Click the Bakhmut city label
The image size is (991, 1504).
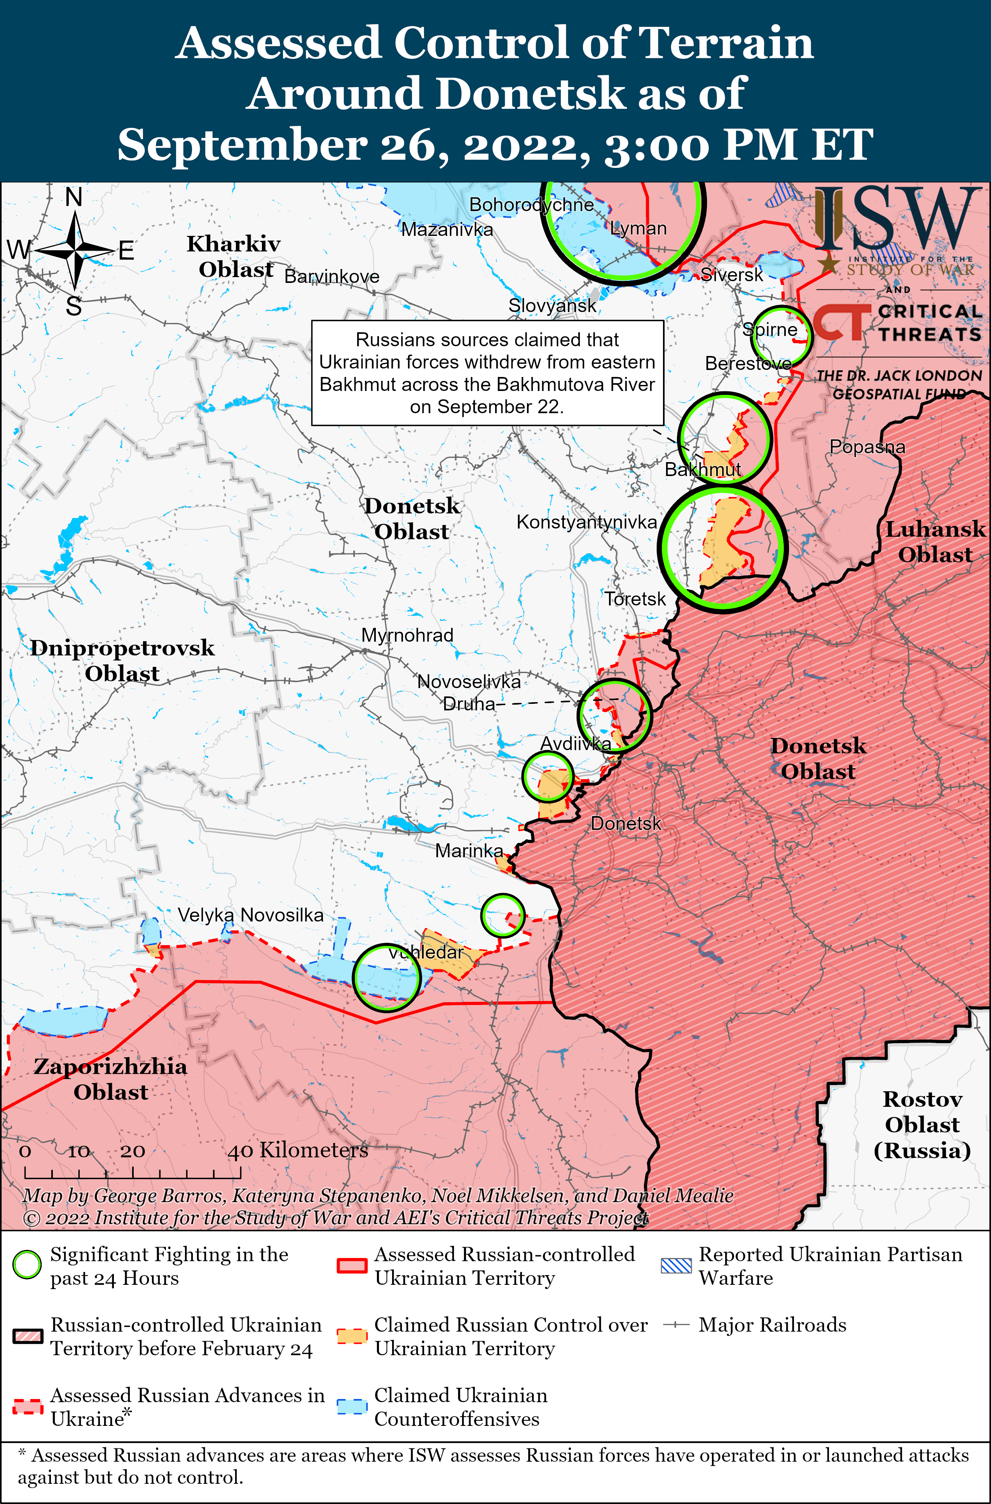(702, 469)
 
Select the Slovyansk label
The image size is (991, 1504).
(552, 306)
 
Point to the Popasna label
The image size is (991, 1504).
(867, 447)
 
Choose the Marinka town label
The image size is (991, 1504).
(469, 851)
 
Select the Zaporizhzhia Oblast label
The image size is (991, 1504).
(111, 1079)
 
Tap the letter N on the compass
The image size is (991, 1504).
(74, 198)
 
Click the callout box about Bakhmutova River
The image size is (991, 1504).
(487, 373)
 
